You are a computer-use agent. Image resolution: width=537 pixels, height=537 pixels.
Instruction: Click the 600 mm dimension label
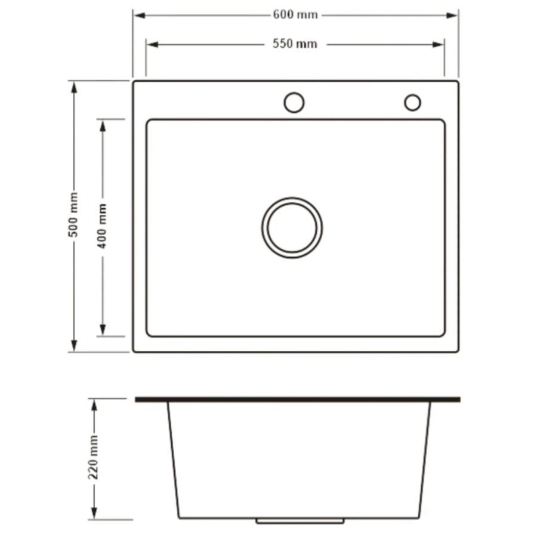click(295, 15)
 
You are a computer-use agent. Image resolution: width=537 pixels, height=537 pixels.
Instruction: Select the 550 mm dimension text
click(295, 44)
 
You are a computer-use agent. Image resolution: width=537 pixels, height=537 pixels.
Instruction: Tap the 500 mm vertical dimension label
click(73, 215)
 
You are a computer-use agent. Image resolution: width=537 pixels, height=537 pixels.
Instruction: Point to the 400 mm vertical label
click(102, 226)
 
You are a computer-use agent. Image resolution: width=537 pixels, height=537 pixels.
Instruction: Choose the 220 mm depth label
click(93, 457)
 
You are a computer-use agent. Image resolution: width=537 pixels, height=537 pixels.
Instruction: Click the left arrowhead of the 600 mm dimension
click(139, 16)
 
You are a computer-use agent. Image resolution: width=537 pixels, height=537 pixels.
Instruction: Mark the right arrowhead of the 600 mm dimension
click(452, 16)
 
